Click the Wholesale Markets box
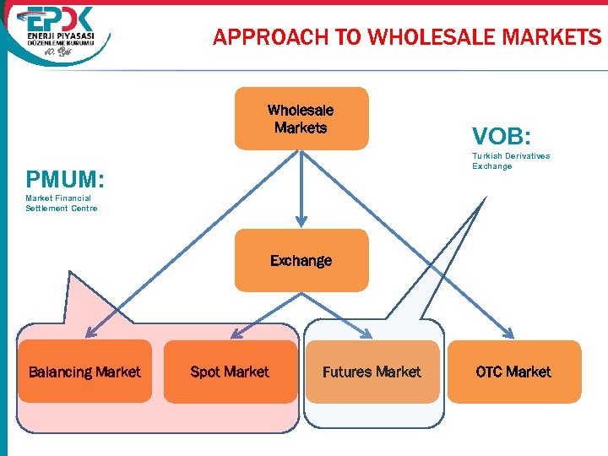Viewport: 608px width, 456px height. pos(301,119)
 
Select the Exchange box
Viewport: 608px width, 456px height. pos(301,260)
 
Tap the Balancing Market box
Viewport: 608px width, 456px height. pos(84,372)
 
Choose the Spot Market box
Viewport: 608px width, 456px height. pos(230,372)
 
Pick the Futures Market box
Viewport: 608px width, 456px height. pos(372,372)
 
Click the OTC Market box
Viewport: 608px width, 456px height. pos(513,372)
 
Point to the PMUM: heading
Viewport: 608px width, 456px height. pos(65,180)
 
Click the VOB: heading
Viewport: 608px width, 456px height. pos(501,136)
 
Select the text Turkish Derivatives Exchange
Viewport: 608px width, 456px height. pos(510,160)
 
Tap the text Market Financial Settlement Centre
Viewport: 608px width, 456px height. pos(61,203)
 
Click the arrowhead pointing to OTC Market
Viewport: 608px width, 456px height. pos(509,334)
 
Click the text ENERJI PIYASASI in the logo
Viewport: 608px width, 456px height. pos(61,39)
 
